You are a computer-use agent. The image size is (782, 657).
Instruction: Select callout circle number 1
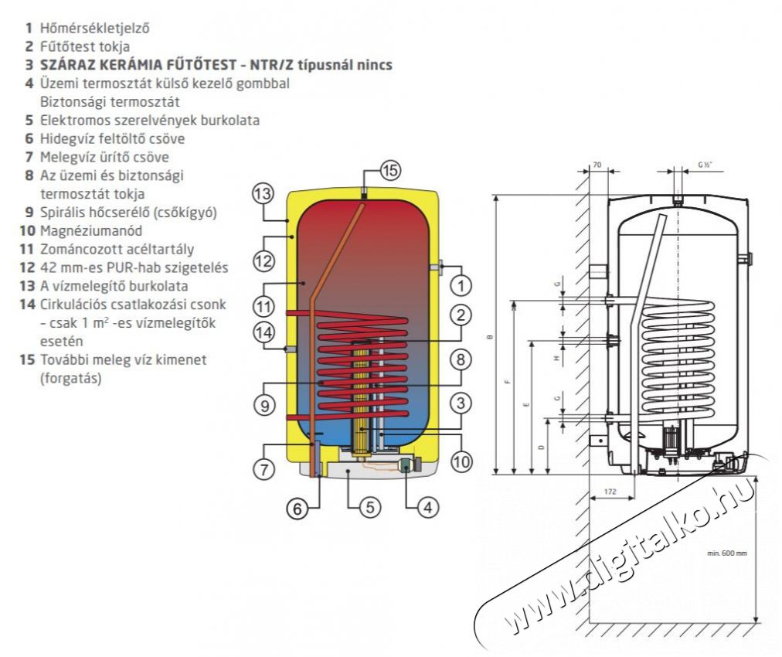click(461, 287)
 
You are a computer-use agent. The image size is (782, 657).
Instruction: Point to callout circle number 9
click(264, 406)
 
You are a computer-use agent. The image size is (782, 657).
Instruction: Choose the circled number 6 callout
click(297, 509)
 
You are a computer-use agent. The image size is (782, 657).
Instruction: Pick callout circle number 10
click(461, 462)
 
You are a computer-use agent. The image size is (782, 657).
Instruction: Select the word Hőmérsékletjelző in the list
click(94, 28)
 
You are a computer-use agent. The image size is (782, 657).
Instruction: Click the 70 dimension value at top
click(597, 165)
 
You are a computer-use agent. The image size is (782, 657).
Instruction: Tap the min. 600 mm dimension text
click(727, 553)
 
